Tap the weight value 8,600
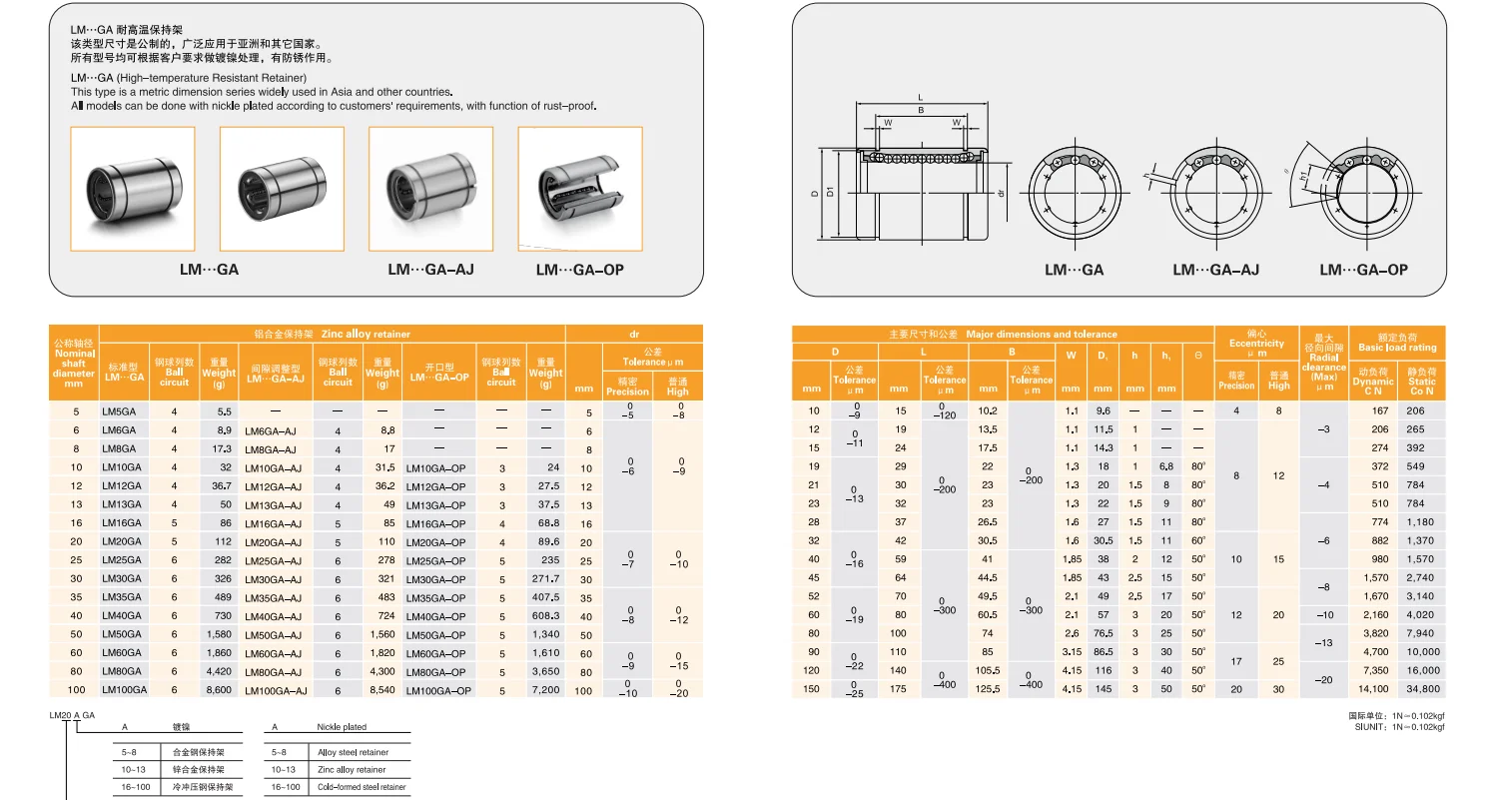tap(218, 690)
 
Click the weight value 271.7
tap(545, 578)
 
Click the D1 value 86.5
tap(1104, 651)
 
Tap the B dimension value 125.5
tap(988, 689)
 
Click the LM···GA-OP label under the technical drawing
tap(1363, 270)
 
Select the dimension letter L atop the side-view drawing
tap(920, 98)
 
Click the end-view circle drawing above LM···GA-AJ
tap(1215, 189)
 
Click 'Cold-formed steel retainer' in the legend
tap(362, 787)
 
